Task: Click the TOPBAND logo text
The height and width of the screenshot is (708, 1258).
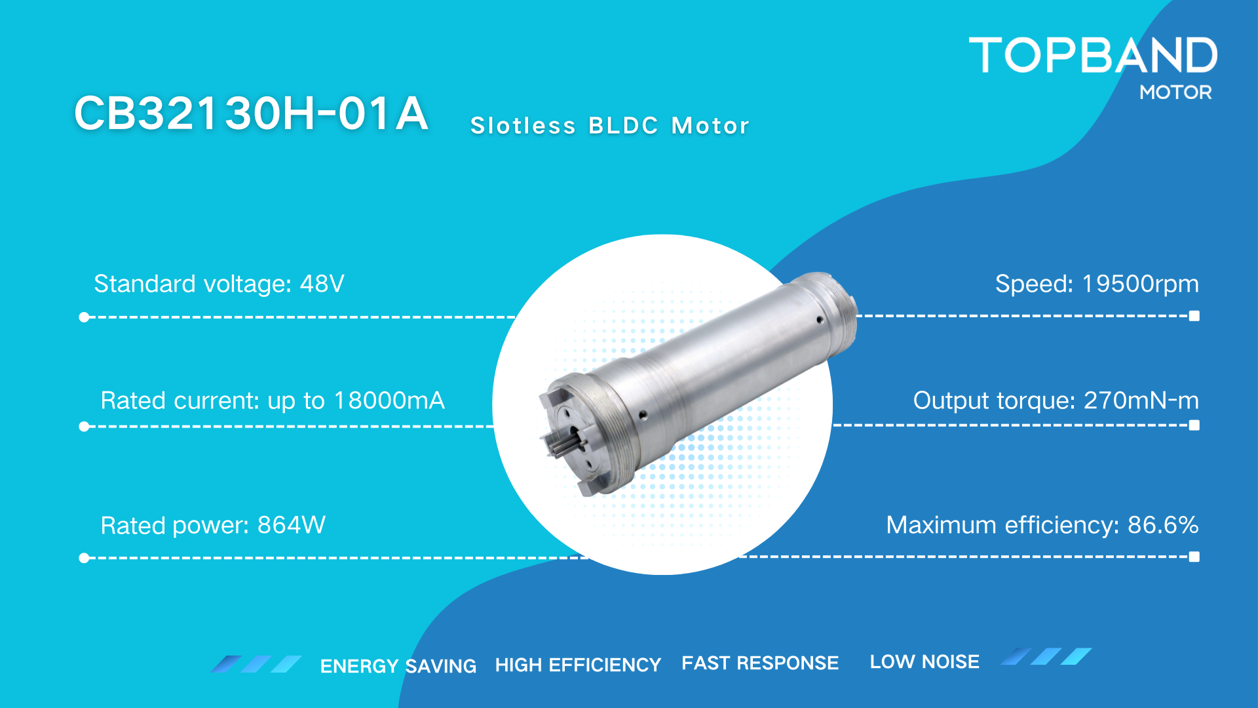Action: (1093, 55)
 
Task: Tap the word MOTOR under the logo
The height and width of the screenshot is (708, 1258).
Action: (1175, 92)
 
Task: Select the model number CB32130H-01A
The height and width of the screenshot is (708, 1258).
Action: (251, 113)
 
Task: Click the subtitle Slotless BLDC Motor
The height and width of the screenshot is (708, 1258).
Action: (609, 125)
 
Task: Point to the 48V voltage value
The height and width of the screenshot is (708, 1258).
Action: (322, 284)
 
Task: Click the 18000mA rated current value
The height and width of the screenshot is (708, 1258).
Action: (389, 401)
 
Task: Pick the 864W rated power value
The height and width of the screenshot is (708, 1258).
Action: (292, 525)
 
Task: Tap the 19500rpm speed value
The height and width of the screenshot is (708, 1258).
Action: (1140, 284)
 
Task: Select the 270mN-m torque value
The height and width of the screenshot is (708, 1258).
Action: (1141, 401)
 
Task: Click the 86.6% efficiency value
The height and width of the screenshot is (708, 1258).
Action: (1163, 525)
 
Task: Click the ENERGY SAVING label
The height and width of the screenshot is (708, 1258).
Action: (398, 666)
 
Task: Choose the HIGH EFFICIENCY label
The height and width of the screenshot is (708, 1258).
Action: (578, 665)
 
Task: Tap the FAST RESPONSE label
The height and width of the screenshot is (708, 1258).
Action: (760, 663)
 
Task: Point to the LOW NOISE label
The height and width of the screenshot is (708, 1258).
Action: (924, 661)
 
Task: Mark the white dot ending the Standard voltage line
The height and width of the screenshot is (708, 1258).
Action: (84, 317)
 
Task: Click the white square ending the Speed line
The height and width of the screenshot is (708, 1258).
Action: (1194, 316)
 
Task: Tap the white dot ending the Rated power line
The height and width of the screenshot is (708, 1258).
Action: (84, 558)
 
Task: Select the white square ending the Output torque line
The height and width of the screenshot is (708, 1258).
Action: (1194, 425)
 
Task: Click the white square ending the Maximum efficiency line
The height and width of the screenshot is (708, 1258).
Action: (1194, 557)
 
